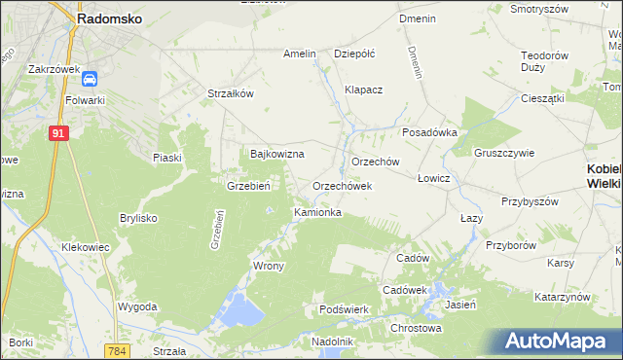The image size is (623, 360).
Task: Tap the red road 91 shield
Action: tap(59, 134)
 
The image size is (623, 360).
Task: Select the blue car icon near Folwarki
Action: tap(90, 79)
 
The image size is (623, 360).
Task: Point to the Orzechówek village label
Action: tap(342, 185)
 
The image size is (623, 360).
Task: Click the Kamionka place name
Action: tap(317, 211)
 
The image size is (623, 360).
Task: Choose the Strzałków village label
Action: tap(231, 93)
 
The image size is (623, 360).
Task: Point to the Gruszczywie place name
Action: tap(505, 153)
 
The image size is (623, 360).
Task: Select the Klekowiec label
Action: tap(85, 248)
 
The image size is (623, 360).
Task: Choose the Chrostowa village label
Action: tap(415, 328)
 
